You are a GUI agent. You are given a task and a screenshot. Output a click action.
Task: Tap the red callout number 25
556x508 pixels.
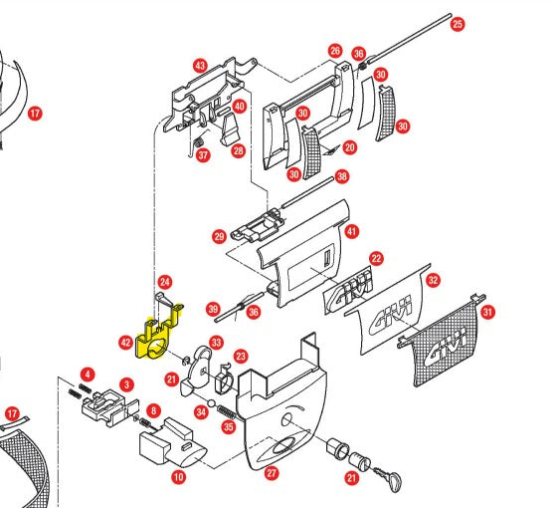pos(458,23)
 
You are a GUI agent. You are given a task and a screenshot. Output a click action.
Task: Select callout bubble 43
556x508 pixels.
pos(200,66)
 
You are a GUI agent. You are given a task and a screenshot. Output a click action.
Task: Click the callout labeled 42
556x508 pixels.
pos(125,342)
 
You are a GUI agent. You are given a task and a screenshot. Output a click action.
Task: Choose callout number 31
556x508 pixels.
pos(487,312)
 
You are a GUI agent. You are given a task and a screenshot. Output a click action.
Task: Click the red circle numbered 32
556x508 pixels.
pos(433,281)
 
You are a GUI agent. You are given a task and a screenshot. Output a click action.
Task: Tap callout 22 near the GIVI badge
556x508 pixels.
pos(375,258)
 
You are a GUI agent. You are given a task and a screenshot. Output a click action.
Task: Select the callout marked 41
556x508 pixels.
pos(351,231)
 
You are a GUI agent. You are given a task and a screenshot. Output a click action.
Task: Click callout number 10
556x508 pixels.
pos(178,478)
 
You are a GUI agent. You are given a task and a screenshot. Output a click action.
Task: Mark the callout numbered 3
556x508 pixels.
pos(126,383)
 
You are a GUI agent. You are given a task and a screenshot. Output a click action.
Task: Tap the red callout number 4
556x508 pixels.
pos(88,375)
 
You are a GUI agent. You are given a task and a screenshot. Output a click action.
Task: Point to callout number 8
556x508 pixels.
pos(152,410)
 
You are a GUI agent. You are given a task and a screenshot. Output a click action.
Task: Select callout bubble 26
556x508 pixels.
pos(335,50)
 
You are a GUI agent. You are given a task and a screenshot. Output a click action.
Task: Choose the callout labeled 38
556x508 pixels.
pos(342,176)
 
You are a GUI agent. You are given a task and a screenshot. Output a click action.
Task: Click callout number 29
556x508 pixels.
pos(219,236)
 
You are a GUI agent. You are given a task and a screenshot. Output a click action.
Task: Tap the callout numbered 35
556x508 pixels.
pos(227,428)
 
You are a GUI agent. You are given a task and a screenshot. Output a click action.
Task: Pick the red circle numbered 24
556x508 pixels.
pos(165,283)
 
